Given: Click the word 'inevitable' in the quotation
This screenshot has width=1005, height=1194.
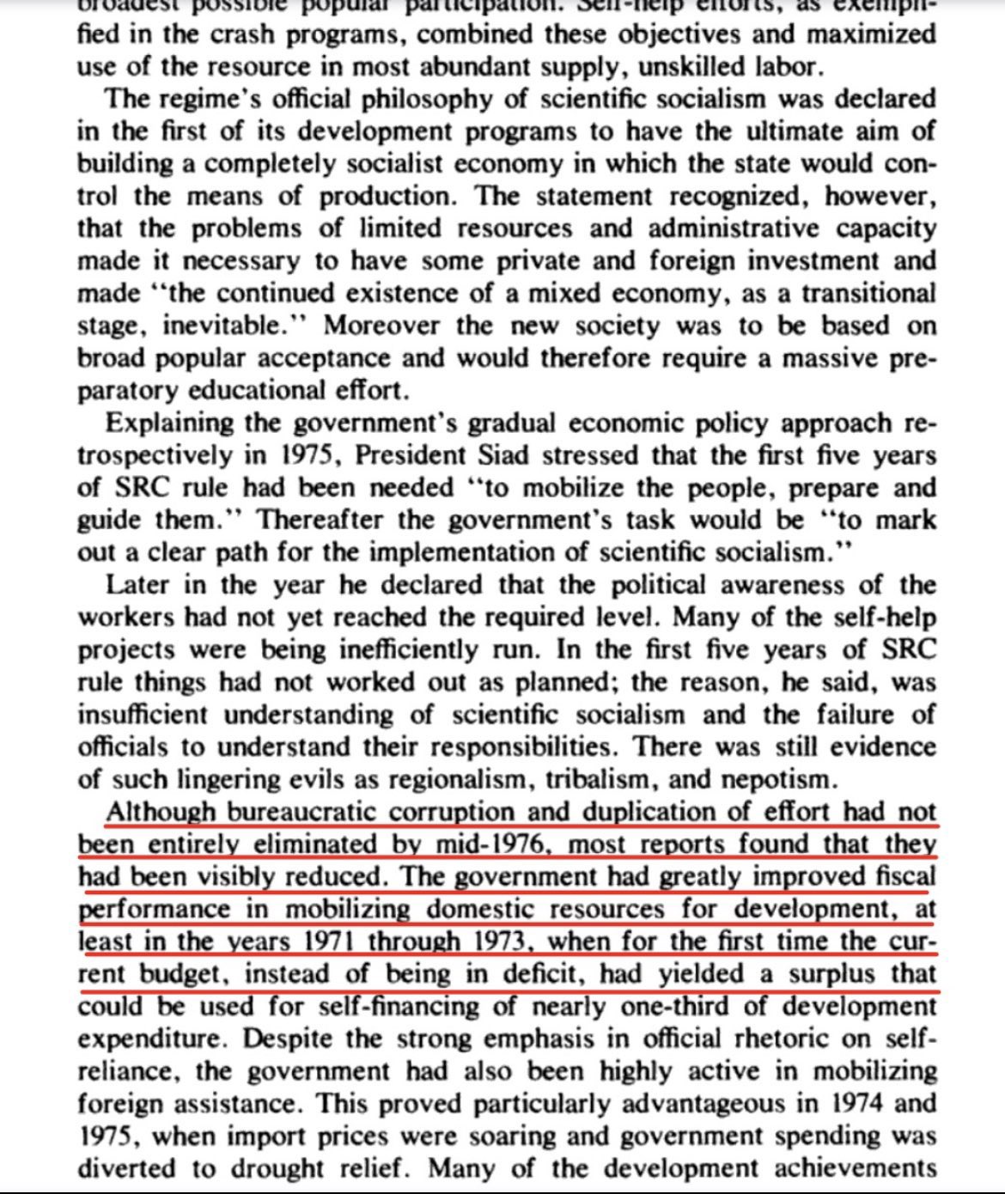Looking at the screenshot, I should pyautogui.click(x=219, y=326).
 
